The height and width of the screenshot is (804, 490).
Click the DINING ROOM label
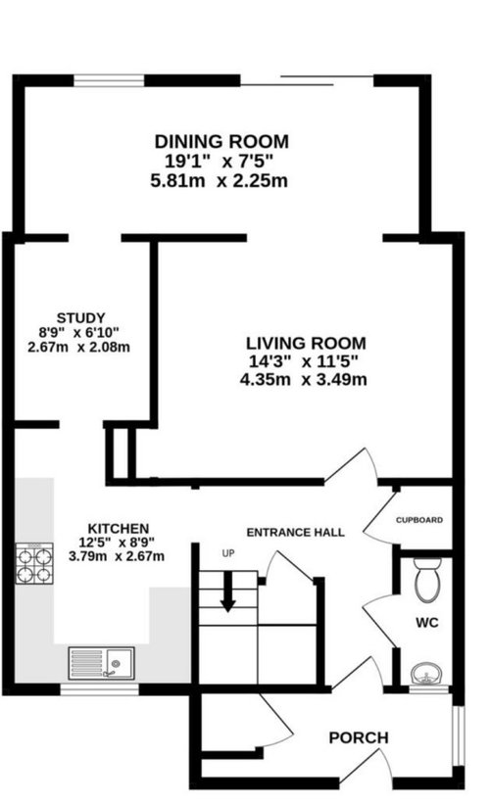pyautogui.click(x=221, y=141)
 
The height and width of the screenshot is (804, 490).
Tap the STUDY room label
pyautogui.click(x=80, y=318)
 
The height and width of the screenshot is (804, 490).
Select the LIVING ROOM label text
pyautogui.click(x=306, y=343)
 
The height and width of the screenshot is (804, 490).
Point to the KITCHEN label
pyautogui.click(x=119, y=528)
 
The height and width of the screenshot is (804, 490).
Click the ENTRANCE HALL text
pyautogui.click(x=296, y=532)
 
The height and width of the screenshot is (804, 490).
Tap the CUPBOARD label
pyautogui.click(x=419, y=520)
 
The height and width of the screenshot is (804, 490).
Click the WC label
pyautogui.click(x=427, y=623)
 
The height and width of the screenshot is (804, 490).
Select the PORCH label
pyautogui.click(x=359, y=737)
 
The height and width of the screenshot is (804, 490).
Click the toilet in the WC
pyautogui.click(x=427, y=581)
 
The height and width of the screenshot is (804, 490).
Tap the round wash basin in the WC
pyautogui.click(x=427, y=674)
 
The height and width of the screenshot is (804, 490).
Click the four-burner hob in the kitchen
pyautogui.click(x=34, y=563)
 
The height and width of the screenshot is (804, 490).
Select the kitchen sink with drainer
pyautogui.click(x=102, y=663)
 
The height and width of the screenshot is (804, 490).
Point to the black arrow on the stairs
pyautogui.click(x=227, y=591)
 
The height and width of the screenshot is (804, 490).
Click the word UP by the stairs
pyautogui.click(x=228, y=553)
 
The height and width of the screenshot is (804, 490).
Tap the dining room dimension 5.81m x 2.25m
pyautogui.click(x=220, y=181)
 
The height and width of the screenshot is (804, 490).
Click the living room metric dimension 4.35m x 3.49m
pyautogui.click(x=303, y=380)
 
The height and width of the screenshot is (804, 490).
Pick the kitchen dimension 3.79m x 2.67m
pyautogui.click(x=117, y=556)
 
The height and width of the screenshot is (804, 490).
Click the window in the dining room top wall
pyautogui.click(x=109, y=80)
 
